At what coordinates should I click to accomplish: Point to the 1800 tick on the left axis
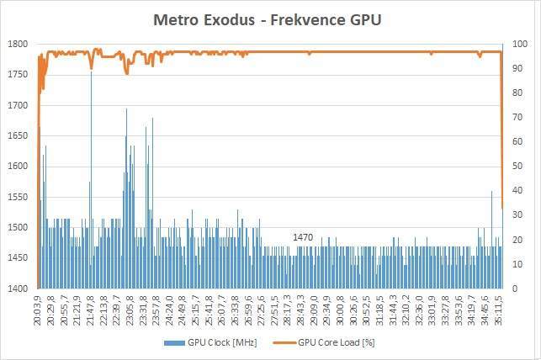point(18,44)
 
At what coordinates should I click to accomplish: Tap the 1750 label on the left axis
point(18,74)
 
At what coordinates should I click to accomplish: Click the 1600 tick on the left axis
point(18,166)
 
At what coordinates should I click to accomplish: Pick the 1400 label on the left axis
point(18,289)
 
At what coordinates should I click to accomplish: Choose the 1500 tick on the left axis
point(18,227)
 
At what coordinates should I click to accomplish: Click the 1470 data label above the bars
point(303,238)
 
